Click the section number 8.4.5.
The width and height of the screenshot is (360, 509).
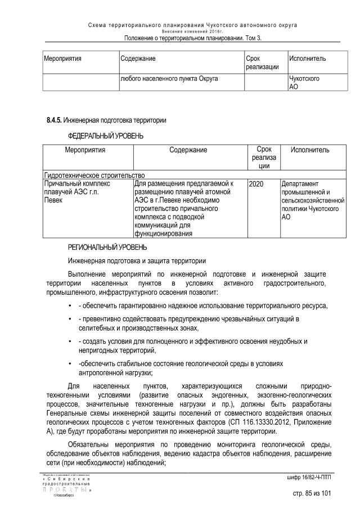click(x=54, y=120)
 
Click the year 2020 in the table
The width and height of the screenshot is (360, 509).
click(x=256, y=184)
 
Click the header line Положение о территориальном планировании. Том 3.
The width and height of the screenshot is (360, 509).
click(x=193, y=38)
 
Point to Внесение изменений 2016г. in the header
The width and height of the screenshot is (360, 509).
click(x=193, y=31)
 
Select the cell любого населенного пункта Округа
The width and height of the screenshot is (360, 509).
click(x=169, y=79)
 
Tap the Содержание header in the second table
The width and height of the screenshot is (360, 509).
click(x=188, y=150)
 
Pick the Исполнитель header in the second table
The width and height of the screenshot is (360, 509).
click(x=310, y=150)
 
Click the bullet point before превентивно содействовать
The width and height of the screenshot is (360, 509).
click(x=69, y=319)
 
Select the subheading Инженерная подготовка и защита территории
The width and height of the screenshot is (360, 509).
click(x=137, y=261)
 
